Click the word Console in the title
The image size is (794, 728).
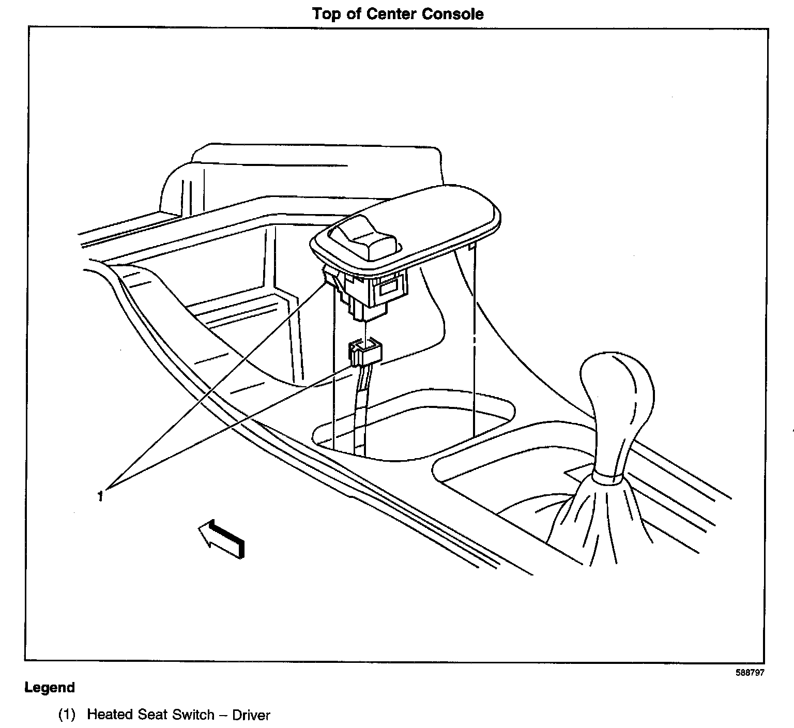(x=453, y=14)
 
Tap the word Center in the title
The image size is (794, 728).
(x=391, y=14)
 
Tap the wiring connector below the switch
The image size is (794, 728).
(x=365, y=354)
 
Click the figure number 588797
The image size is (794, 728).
(x=750, y=673)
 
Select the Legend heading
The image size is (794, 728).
(x=50, y=688)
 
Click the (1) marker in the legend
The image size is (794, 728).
(x=67, y=715)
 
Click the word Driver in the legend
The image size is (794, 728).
(x=251, y=715)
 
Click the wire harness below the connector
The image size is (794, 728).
(x=361, y=403)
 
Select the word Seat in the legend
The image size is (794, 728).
(x=152, y=715)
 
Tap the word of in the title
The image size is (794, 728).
(x=354, y=14)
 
